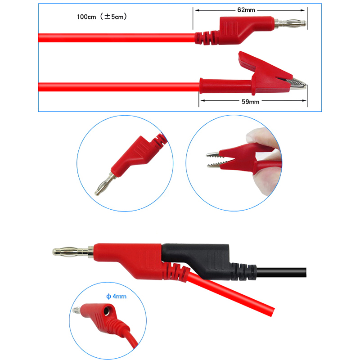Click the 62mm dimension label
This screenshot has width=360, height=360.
pyautogui.click(x=246, y=10)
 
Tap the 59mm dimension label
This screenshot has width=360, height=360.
pyautogui.click(x=251, y=102)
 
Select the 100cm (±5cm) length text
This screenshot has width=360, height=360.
pyautogui.click(x=102, y=17)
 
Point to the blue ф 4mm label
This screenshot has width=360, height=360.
pyautogui.click(x=116, y=297)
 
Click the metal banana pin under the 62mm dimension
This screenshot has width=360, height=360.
pyautogui.click(x=290, y=23)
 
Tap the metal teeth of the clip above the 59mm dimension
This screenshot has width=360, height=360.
pyautogui.click(x=296, y=84)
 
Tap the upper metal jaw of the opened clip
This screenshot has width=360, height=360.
pyautogui.click(x=213, y=154)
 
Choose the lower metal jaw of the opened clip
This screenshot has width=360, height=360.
pyautogui.click(x=215, y=165)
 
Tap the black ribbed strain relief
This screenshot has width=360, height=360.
pyautogui.click(x=244, y=272)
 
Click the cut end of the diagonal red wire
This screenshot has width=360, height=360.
pyautogui.click(x=273, y=312)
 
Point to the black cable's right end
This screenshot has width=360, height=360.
pyautogui.click(x=306, y=272)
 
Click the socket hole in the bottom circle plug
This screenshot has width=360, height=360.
pyautogui.click(x=107, y=311)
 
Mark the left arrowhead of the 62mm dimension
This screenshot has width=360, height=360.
pyautogui.click(x=197, y=10)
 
